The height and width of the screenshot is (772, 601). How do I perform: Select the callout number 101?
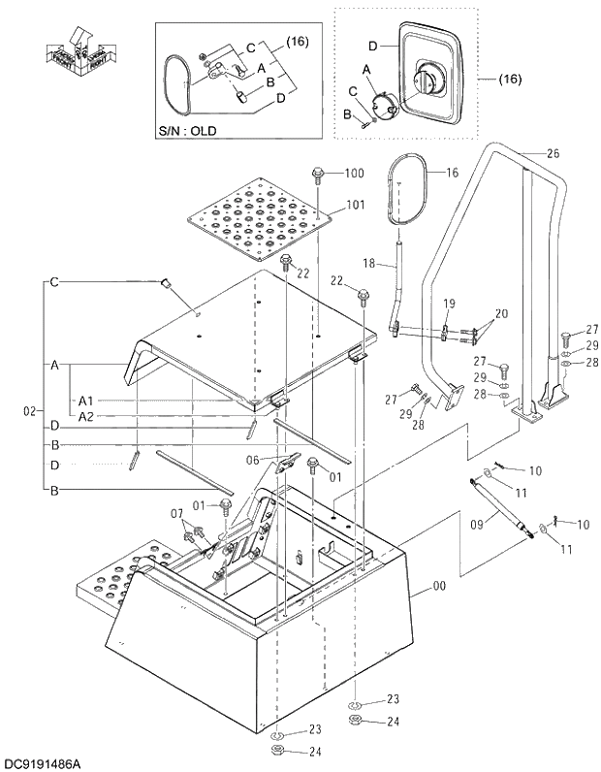[x=354, y=206]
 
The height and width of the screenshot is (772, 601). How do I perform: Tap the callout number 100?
[x=354, y=174]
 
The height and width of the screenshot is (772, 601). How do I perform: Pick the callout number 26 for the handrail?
[x=553, y=153]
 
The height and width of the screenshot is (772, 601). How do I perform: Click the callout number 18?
[x=368, y=264]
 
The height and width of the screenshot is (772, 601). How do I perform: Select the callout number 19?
[x=449, y=304]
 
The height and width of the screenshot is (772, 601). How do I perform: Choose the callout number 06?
[x=279, y=461]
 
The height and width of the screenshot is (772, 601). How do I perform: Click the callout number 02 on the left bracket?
[x=28, y=412]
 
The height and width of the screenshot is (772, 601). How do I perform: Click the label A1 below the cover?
[x=86, y=400]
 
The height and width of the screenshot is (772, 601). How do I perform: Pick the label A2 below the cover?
[x=86, y=416]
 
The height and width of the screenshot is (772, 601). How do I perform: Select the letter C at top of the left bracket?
[x=55, y=282]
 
